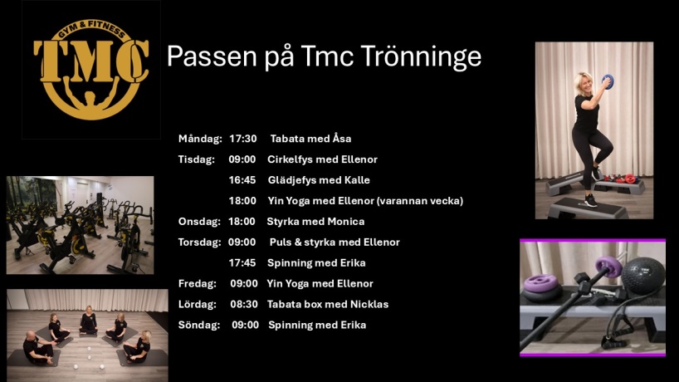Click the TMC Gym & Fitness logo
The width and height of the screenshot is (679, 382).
tap(91, 69)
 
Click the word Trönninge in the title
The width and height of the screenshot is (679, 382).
tap(421, 56)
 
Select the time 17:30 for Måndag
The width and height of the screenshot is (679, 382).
tap(243, 139)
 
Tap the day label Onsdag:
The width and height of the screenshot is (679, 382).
tap(199, 222)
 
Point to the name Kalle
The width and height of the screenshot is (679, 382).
tap(357, 180)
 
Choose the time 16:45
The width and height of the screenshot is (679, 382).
tap(242, 180)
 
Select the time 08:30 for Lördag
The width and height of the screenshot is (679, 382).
tap(244, 305)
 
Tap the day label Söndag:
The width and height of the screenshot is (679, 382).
tap(198, 325)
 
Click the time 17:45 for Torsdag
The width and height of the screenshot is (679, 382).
tap(242, 263)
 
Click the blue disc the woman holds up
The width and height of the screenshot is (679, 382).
tap(608, 81)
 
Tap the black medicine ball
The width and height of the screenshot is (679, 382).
tap(643, 276)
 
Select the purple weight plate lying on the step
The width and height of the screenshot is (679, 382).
tap(541, 284)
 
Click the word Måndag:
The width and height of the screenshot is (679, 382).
tap(200, 139)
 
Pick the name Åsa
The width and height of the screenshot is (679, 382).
tap(342, 138)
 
